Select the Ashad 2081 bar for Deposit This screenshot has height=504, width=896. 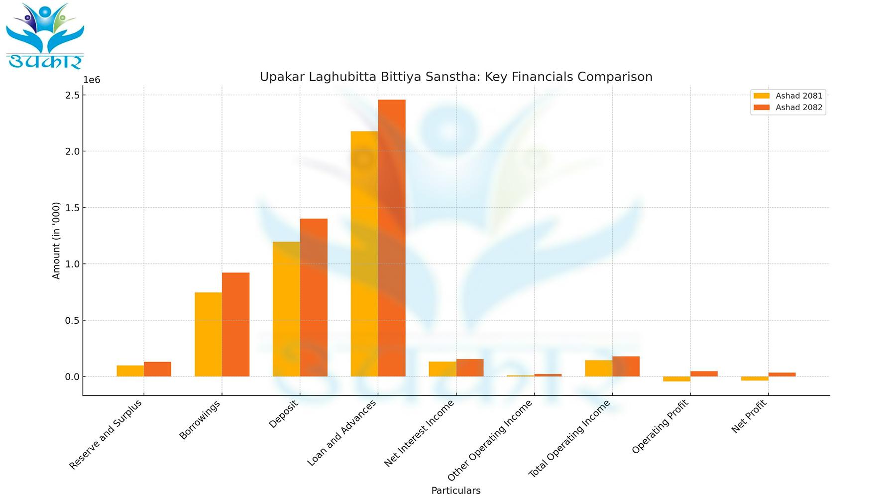click(286, 309)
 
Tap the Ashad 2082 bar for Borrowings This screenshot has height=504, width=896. click(235, 324)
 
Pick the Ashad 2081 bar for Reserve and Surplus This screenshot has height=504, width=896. click(130, 371)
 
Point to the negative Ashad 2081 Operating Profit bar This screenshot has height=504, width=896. click(676, 379)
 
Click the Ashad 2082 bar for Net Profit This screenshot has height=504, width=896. click(782, 375)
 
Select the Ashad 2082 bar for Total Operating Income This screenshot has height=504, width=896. click(626, 367)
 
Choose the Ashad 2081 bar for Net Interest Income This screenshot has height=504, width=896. click(443, 369)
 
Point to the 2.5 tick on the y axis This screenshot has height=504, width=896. click(72, 95)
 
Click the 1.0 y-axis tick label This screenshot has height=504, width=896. click(72, 264)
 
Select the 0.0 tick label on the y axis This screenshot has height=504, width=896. click(72, 377)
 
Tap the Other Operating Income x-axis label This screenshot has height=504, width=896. click(490, 440)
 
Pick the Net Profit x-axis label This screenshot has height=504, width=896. click(749, 416)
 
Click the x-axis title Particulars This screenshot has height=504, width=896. click(455, 491)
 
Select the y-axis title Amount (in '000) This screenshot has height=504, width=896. click(56, 241)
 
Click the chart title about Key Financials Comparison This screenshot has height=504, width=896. click(455, 77)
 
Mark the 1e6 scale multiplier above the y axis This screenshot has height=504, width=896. click(92, 80)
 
